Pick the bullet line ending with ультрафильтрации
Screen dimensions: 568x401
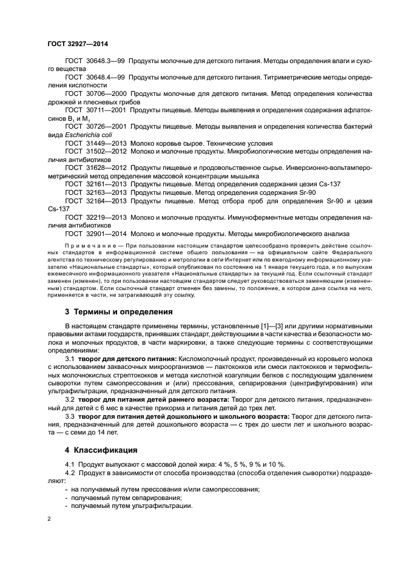pos(131,505)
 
